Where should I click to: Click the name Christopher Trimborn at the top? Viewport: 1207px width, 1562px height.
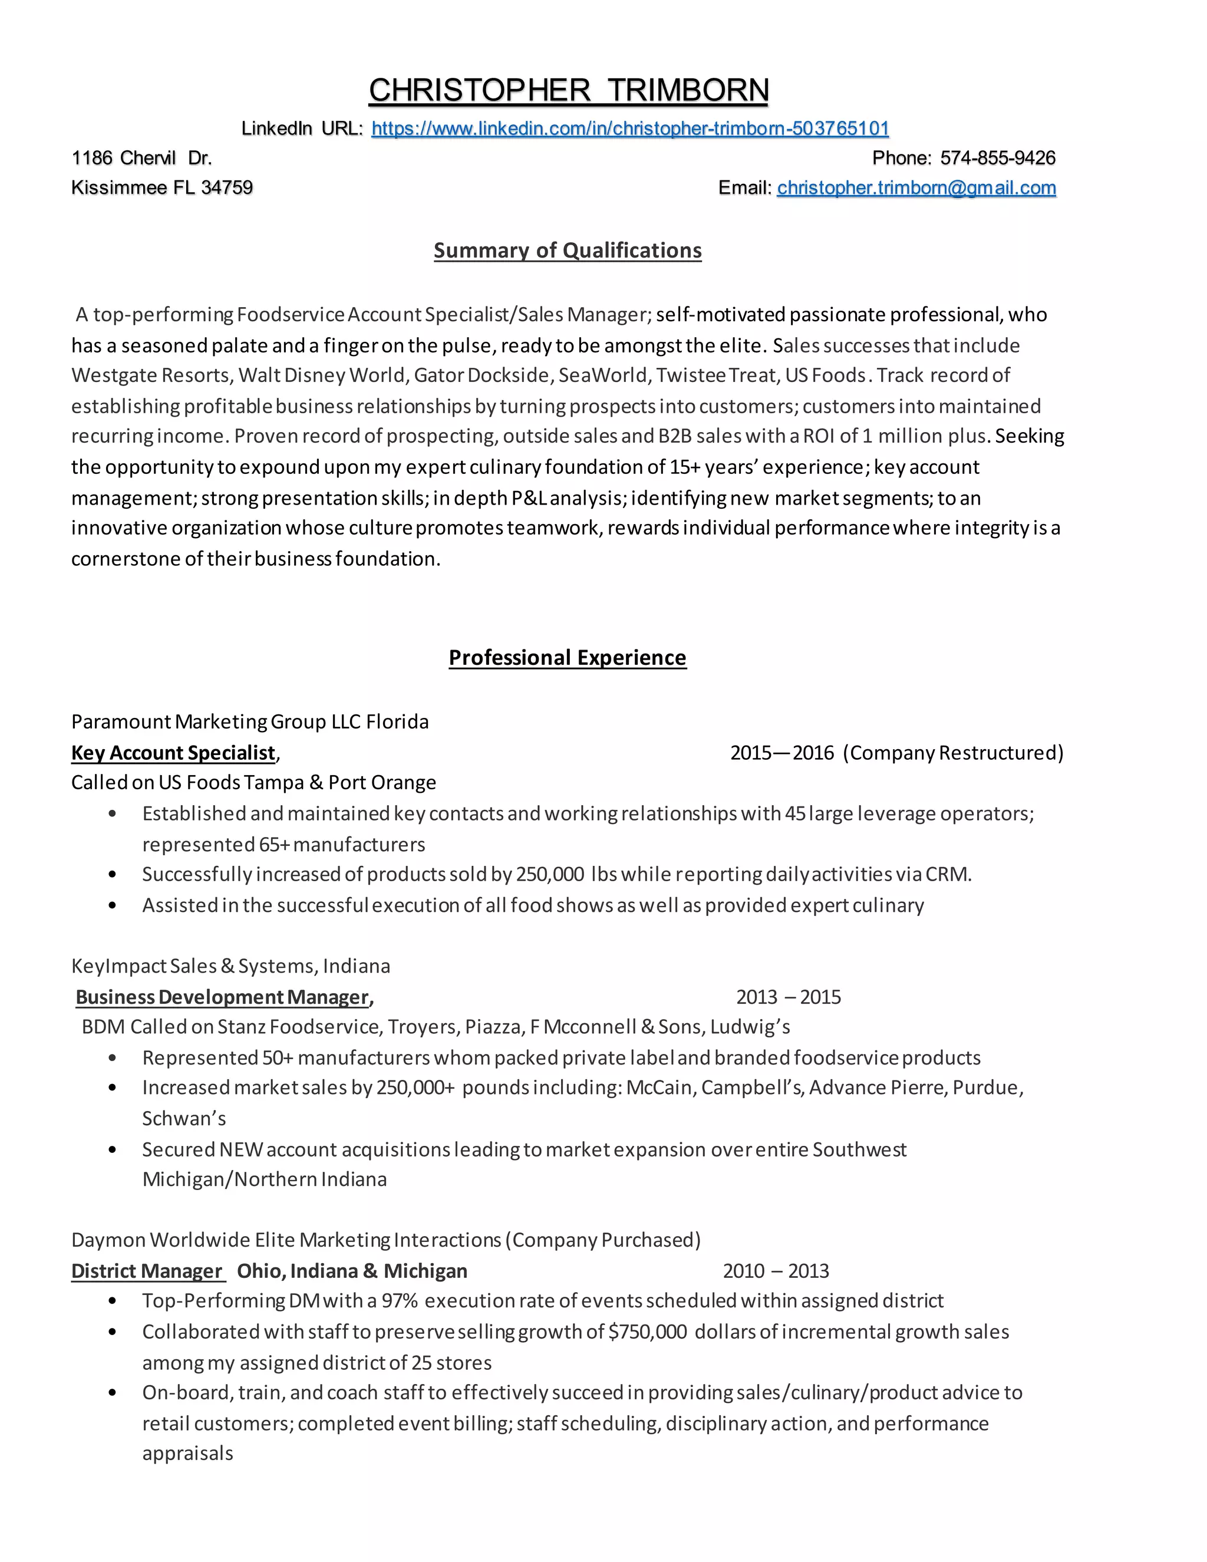(569, 91)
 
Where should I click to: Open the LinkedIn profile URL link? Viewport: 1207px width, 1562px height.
(630, 128)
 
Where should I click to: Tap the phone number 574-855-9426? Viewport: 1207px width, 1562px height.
(998, 158)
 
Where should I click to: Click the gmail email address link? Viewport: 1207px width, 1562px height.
(916, 188)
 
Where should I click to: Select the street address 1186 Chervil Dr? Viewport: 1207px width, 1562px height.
(141, 158)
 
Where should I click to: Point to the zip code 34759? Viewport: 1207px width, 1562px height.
(227, 188)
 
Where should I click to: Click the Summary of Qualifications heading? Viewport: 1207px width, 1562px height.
(567, 251)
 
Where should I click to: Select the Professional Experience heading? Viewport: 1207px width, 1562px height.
(567, 657)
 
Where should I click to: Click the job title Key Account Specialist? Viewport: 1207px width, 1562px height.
(173, 752)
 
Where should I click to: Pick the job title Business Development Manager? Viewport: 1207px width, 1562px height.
(222, 997)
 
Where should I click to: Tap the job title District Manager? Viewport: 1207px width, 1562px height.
(147, 1271)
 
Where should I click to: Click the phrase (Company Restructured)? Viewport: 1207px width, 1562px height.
(952, 752)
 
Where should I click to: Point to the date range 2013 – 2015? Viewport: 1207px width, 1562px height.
(788, 997)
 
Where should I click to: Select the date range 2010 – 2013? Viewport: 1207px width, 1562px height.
(776, 1271)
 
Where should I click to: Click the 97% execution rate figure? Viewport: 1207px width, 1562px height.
(399, 1301)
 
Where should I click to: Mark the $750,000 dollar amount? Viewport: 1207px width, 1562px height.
(647, 1332)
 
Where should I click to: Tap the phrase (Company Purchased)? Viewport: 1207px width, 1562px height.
(602, 1240)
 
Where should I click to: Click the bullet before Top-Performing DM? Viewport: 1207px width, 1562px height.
(112, 1301)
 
